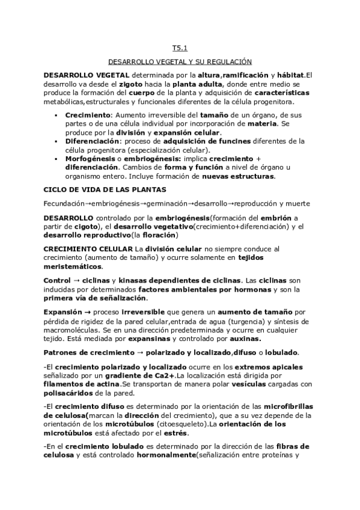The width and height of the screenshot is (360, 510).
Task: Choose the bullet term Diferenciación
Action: click(90, 141)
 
